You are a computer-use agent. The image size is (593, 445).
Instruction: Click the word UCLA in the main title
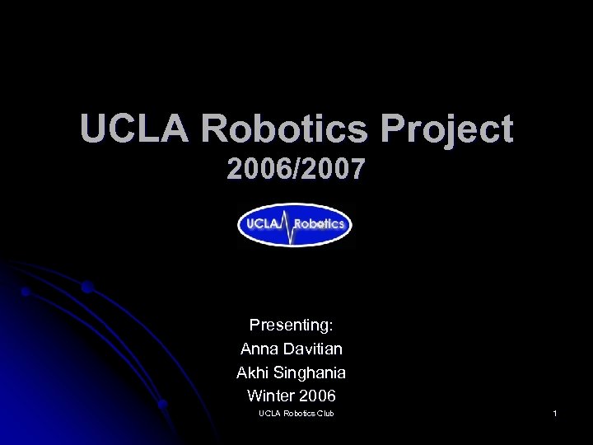(134, 129)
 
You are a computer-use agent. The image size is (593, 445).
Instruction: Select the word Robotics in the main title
(284, 129)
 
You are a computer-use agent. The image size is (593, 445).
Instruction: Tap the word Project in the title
(446, 130)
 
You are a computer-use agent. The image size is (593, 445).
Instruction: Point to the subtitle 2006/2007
(296, 170)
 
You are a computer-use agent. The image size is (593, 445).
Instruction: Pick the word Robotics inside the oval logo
(320, 224)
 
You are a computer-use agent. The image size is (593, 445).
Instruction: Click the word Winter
(271, 396)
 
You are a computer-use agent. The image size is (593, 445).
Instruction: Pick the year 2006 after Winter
(318, 396)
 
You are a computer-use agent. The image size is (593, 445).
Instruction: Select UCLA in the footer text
(269, 413)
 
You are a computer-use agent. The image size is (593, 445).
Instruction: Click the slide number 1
(556, 413)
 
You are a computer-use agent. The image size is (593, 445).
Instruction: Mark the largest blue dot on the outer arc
(86, 287)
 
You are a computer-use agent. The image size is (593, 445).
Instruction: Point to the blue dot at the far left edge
(26, 292)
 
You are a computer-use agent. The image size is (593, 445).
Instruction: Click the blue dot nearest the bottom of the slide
(163, 404)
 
